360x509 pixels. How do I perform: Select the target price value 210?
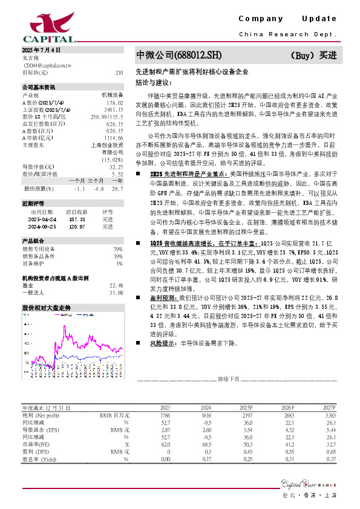[x=119, y=72]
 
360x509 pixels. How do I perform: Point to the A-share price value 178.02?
[x=115, y=102]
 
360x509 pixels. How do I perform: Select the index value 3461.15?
[x=114, y=109]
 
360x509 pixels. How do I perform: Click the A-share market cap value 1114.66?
[x=114, y=138]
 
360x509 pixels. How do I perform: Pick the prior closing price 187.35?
[x=75, y=219]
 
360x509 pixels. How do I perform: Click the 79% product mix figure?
[x=118, y=248]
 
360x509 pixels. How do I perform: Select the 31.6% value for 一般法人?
[x=116, y=293]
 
